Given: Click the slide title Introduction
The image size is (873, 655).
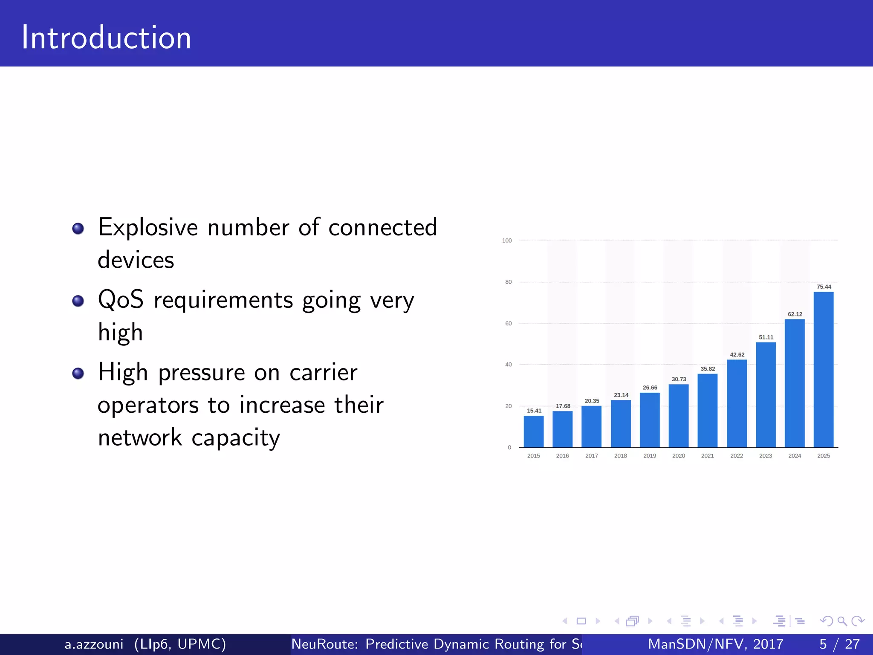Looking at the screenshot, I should coord(106,38).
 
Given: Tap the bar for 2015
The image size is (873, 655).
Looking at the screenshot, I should coord(533,431).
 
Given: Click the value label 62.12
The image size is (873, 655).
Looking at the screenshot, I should coord(795,314).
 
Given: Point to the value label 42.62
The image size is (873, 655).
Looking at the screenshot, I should coord(737,355).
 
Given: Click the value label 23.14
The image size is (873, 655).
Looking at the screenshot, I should coord(621,395).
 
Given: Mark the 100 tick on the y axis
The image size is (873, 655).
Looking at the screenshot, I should coord(507,241).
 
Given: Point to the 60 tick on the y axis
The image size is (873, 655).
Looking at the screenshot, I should coord(508,324).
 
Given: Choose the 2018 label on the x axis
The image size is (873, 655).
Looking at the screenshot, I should coord(620,456).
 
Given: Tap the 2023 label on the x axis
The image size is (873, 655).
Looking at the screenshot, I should coord(765,456).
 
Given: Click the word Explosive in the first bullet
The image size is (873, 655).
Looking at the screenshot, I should coord(147,227).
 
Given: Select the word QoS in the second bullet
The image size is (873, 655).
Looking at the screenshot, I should coord(121,299).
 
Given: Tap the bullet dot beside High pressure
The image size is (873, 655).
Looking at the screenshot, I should coord(78,374).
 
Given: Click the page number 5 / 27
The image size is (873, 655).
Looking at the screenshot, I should coord(839,644).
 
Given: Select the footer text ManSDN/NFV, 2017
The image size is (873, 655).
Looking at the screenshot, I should coord(715,644).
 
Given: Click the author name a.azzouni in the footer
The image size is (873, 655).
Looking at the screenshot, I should coord(94,644).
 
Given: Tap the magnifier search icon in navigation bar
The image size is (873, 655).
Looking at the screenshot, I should coord(842,621).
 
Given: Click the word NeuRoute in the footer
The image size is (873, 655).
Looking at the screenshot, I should coord(324,644).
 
